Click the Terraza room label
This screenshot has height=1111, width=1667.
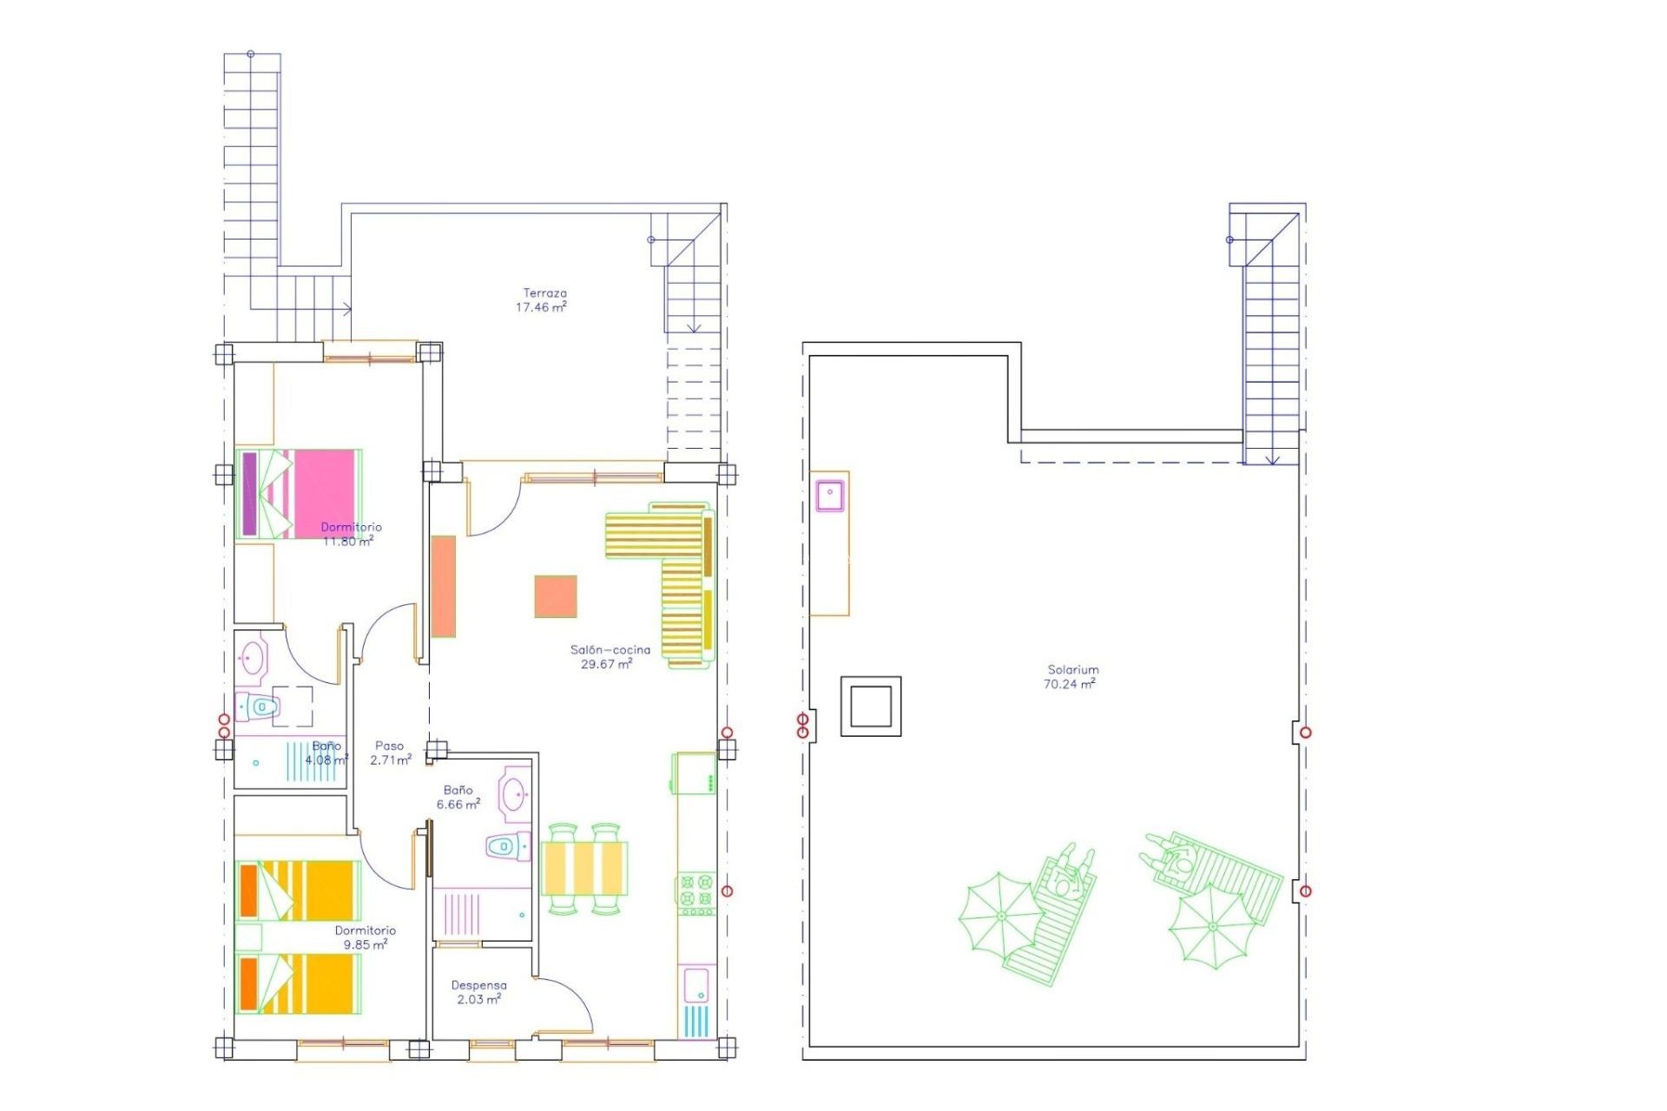tap(544, 293)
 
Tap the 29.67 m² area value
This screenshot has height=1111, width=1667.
tap(606, 664)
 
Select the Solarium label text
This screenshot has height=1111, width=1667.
tap(1073, 669)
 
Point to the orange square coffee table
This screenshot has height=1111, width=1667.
tap(556, 596)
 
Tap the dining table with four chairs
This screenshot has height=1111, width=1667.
tap(583, 868)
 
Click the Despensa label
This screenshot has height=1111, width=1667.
tap(478, 985)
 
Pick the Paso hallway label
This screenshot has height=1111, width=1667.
tap(389, 746)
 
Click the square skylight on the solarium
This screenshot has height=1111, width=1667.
tap(871, 707)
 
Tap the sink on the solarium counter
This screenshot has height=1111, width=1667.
tap(830, 495)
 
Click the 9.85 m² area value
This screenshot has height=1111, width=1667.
tap(365, 944)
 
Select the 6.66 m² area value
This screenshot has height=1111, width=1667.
tap(458, 805)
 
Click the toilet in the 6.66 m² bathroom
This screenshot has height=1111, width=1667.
tap(507, 845)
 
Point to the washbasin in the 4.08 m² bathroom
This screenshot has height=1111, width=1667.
tap(253, 657)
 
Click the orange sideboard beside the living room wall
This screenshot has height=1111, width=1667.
tap(444, 586)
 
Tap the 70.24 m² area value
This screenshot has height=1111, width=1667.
tap(1069, 684)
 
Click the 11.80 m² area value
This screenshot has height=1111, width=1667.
tap(347, 541)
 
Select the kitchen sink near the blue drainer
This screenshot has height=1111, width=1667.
tap(696, 986)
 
